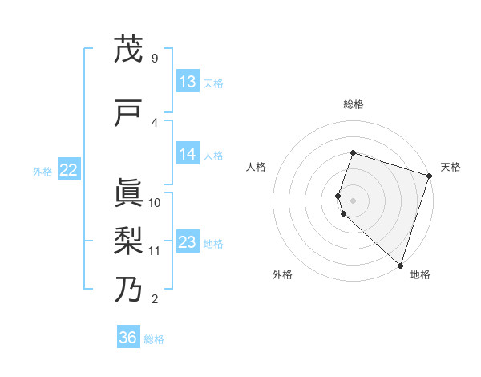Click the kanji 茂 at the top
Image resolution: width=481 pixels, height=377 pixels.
coord(128,50)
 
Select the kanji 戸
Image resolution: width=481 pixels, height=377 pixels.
coord(128,113)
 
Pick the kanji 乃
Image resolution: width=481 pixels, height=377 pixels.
coord(128,289)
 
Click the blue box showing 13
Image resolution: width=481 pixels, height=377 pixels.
coord(188,82)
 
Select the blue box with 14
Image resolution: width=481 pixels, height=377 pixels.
coord(188,155)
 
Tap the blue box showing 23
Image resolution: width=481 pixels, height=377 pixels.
coord(188,242)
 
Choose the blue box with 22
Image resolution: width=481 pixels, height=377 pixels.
coord(69,169)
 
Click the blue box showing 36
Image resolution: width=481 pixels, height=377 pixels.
coord(128,338)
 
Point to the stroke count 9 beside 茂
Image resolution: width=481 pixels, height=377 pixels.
coord(154,59)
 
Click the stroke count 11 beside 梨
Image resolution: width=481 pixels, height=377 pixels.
coord(155,250)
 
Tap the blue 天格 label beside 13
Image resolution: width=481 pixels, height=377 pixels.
coord(213,83)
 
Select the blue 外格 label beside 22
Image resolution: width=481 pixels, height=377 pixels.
coord(42,171)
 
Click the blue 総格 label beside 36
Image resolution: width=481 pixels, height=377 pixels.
coord(154,339)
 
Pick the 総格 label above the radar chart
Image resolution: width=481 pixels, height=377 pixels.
coord(354,104)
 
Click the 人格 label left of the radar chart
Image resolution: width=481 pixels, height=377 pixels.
coord(257,167)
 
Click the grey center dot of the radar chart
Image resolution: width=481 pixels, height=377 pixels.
coord(354,200)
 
